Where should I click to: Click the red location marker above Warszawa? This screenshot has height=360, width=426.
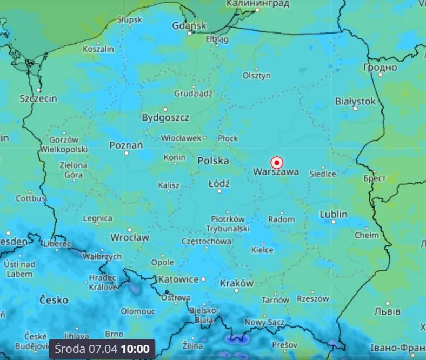point(277,162)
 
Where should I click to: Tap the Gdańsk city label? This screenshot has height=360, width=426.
point(189,26)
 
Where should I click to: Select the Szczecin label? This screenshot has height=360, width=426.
point(38,98)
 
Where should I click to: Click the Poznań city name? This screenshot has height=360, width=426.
point(126,145)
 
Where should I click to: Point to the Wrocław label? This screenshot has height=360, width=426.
point(129,237)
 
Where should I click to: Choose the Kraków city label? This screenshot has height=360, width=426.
point(236,283)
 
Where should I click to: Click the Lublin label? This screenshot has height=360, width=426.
point(334,214)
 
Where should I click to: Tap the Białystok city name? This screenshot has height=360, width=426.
point(355,101)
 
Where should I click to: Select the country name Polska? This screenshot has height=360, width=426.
point(213,161)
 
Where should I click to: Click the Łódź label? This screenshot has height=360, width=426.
point(219,184)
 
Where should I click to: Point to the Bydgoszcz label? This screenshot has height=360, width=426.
point(165,117)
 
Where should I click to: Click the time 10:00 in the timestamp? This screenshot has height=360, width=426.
point(135,349)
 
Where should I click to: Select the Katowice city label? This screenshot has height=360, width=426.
point(178,279)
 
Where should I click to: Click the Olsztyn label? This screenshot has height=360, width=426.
point(256,76)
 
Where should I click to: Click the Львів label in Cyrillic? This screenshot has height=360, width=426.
point(387,311)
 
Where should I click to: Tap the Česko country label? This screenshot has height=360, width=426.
point(54,299)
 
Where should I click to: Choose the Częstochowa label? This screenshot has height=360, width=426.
point(207,242)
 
